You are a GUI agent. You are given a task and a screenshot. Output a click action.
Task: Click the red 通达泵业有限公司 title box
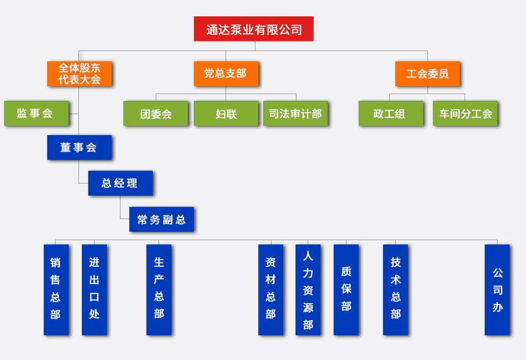pos(254,29)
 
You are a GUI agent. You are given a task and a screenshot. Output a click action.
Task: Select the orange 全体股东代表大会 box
pos(79,74)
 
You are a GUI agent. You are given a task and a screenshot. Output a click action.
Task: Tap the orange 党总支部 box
pos(226,74)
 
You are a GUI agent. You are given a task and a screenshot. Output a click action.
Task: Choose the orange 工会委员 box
pos(427,74)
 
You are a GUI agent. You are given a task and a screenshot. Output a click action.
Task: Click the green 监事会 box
pos(36,113)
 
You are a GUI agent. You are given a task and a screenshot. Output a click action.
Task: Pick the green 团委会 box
pos(155,113)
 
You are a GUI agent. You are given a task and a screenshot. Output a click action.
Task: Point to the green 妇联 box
pos(226,113)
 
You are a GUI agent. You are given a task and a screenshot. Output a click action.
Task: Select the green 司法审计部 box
pos(295,113)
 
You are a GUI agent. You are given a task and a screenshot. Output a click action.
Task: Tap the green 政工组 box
pos(390,113)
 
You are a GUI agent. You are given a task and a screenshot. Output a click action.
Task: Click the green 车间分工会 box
pos(465,113)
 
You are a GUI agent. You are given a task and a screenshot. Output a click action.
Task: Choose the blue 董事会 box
pos(79,147)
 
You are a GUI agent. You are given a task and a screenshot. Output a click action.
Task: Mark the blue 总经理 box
pos(120,183)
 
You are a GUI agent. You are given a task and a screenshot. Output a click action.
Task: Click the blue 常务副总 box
pos(161,219)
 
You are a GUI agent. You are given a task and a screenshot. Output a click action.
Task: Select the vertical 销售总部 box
pos(56,289)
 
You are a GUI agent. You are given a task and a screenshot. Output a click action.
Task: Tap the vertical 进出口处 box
pos(94,289)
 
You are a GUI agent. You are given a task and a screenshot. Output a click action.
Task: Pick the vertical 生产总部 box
pos(159,289)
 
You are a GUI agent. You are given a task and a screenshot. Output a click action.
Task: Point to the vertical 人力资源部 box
pos(308,289)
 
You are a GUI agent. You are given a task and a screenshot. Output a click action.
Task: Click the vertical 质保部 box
pos(346,289)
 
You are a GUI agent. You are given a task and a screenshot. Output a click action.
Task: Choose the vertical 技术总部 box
pos(396,289)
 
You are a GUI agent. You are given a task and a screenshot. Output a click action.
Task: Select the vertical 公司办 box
pos(497,289)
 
